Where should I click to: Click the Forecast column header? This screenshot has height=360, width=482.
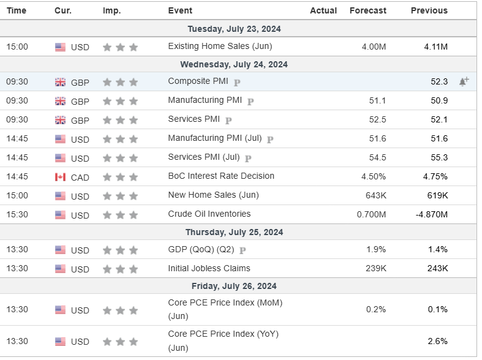367,10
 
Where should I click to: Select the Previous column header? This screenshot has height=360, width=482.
429,10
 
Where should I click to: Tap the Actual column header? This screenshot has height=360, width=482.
323,10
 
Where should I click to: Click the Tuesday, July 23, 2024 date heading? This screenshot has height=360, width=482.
234,29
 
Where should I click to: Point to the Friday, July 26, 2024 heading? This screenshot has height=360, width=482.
234,286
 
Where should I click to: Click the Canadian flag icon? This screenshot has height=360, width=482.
60,177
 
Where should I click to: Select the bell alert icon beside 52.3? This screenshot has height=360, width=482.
464,81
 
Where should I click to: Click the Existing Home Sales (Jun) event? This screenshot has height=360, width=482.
220,46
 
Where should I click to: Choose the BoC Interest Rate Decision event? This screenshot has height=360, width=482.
221,176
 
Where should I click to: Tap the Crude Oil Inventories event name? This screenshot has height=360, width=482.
209,214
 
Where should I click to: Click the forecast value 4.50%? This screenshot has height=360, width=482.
374,176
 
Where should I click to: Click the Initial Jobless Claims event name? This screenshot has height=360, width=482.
209,268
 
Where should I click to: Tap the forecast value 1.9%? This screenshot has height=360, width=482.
376,249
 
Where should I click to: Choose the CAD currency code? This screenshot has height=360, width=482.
80,177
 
